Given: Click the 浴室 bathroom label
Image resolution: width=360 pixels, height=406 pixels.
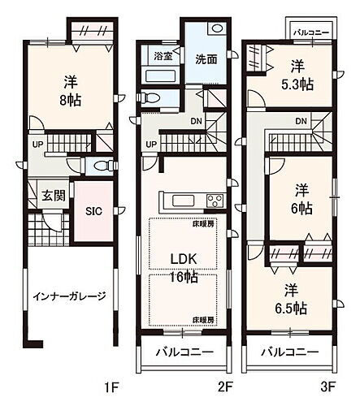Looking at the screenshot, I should click(x=163, y=57).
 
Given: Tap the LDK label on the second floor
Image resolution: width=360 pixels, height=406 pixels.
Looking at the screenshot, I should click(x=185, y=259).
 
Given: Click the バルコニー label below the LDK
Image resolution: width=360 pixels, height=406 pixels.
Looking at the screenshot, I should click(x=186, y=353).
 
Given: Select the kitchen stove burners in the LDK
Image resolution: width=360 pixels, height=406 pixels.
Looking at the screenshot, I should click(x=215, y=201).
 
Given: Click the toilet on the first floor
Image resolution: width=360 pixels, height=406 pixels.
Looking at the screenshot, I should click(x=100, y=166).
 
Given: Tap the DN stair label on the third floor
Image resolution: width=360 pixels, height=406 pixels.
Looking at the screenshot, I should click(x=301, y=122).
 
